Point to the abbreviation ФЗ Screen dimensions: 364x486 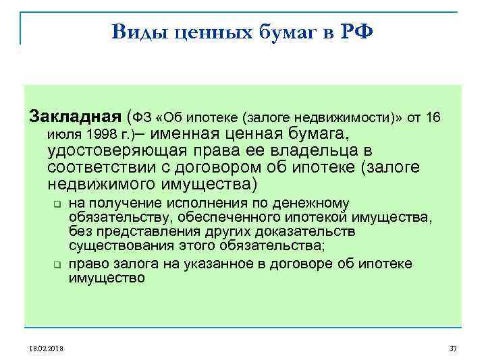143,118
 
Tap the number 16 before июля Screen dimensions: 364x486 432,118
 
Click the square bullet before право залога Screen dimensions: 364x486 57,265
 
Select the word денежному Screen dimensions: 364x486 314,203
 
